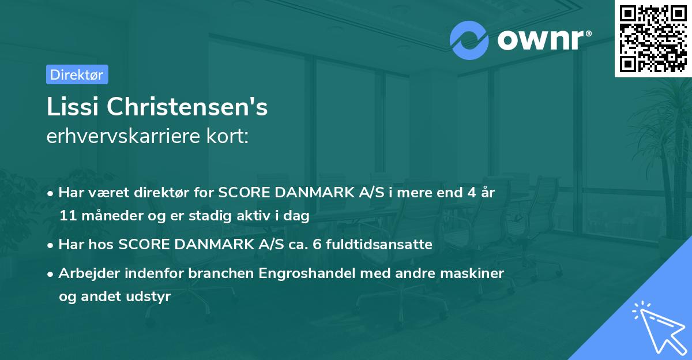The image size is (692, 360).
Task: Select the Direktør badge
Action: pyautogui.click(x=77, y=74)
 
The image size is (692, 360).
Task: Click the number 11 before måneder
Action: pyautogui.click(x=67, y=216)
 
